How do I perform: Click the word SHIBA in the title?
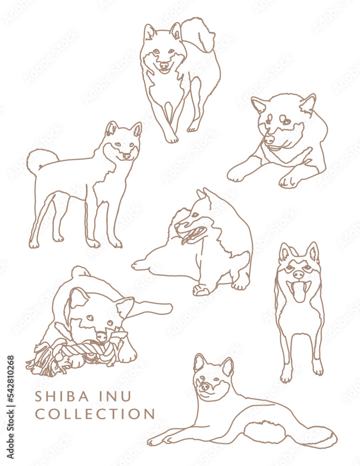(x=61, y=397)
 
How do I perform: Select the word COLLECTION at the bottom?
(x=95, y=414)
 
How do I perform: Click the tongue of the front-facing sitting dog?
(x=299, y=292)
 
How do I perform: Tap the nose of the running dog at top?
(x=163, y=66)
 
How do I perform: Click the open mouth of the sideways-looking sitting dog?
(x=194, y=233)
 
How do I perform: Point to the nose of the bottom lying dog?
(x=204, y=386)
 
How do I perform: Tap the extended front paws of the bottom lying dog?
(x=158, y=440)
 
